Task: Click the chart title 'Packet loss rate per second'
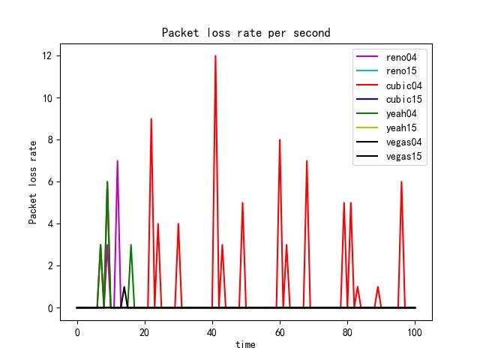click(x=246, y=33)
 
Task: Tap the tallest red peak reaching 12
click(x=215, y=56)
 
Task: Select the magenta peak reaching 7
click(x=117, y=161)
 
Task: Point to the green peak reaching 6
click(x=107, y=182)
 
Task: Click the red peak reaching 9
click(x=151, y=119)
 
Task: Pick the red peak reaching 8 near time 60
click(x=280, y=140)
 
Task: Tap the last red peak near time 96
click(x=401, y=182)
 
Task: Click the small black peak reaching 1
click(x=124, y=287)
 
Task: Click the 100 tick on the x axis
click(x=415, y=331)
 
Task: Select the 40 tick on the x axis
click(x=212, y=331)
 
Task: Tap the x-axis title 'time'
click(x=246, y=344)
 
